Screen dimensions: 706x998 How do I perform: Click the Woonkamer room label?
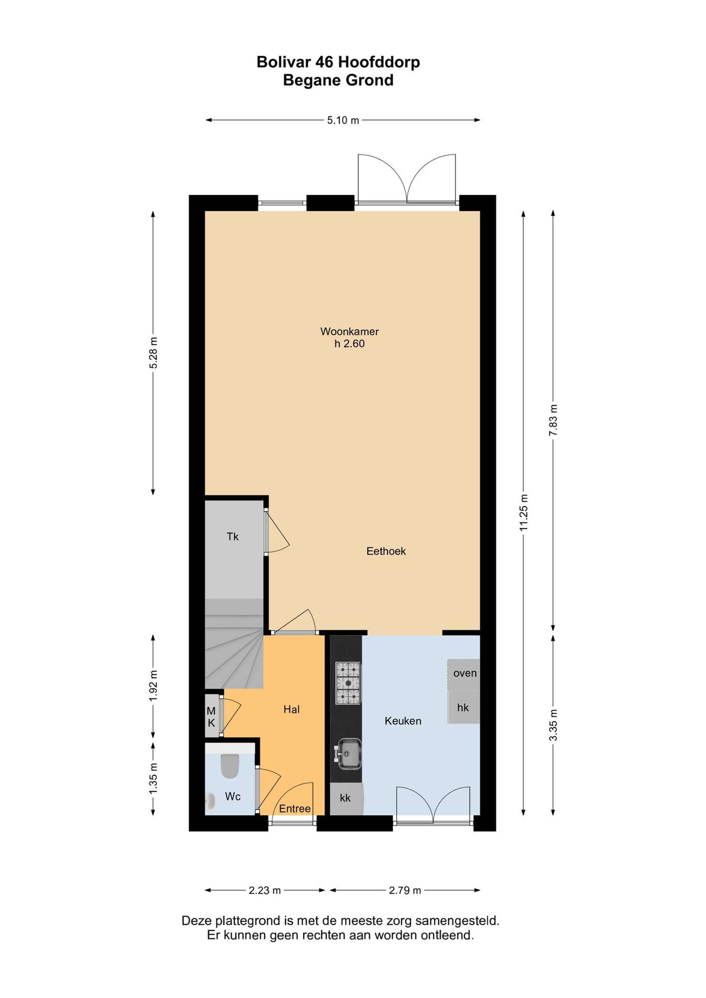pyautogui.click(x=350, y=331)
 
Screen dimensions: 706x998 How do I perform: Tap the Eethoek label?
pyautogui.click(x=386, y=551)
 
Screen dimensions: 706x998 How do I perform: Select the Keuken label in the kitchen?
pyautogui.click(x=403, y=721)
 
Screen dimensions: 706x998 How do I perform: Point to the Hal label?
pyautogui.click(x=292, y=709)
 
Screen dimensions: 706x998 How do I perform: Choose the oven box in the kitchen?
pyautogui.click(x=464, y=673)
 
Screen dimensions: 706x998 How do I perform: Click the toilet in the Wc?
pyautogui.click(x=230, y=766)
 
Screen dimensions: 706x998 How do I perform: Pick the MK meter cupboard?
pyautogui.click(x=212, y=717)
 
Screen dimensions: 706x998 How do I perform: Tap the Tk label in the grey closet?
pyautogui.click(x=233, y=537)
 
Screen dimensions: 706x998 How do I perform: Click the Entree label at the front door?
pyautogui.click(x=295, y=809)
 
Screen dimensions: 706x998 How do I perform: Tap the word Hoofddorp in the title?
pyautogui.click(x=379, y=62)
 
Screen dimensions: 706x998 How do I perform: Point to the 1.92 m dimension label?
pyautogui.click(x=153, y=686)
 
